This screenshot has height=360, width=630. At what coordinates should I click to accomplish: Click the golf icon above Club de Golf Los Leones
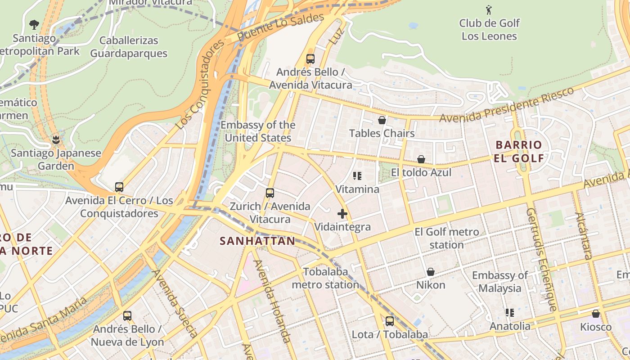tap(489, 9)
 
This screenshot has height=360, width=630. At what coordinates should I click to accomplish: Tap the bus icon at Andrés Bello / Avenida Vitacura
tap(310, 58)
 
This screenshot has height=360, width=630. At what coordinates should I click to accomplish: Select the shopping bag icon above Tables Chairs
tap(382, 120)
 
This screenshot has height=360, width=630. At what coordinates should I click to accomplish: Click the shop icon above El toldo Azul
tap(421, 159)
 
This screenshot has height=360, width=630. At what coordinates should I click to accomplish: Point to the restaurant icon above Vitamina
tap(357, 176)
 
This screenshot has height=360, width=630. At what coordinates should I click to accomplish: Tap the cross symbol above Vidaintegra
tap(342, 214)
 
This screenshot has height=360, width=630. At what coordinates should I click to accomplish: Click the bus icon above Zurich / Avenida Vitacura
tap(270, 193)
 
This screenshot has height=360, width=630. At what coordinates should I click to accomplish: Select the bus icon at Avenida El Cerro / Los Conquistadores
tap(119, 187)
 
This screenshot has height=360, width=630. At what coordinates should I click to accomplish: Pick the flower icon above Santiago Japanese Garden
tap(56, 139)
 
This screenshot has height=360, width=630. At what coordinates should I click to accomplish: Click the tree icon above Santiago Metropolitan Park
tap(34, 24)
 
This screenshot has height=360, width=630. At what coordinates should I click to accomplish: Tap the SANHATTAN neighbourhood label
tap(257, 241)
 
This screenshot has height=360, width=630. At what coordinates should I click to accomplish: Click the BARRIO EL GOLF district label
tap(519, 151)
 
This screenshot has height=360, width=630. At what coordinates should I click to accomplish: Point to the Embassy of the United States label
tap(258, 131)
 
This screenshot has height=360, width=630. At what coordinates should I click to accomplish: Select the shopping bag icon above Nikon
tap(431, 272)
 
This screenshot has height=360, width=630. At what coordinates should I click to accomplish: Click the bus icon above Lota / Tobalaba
tap(390, 321)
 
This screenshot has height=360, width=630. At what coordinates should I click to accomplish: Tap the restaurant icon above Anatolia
tap(510, 312)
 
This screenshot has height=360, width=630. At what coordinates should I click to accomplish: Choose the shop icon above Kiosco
tap(596, 314)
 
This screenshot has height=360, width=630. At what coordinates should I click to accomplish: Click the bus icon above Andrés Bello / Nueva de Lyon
tap(127, 316)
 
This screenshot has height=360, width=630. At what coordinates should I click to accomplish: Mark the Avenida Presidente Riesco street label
tap(507, 104)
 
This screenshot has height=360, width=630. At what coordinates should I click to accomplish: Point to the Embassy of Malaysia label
tap(499, 282)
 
